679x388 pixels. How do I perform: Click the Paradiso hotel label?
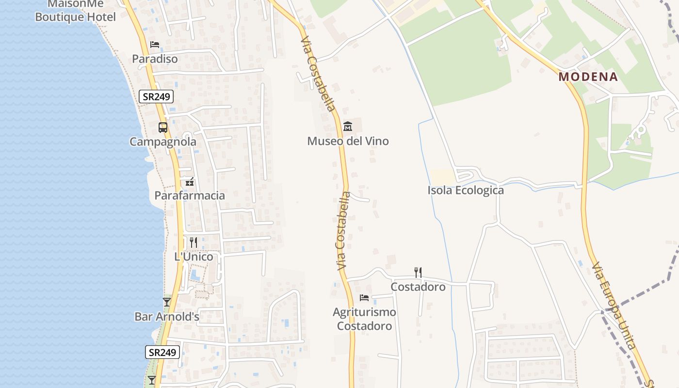pyautogui.click(x=155, y=59)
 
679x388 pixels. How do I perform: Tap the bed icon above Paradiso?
pyautogui.click(x=155, y=45)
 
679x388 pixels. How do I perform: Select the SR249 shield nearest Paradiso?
pyautogui.click(x=156, y=97)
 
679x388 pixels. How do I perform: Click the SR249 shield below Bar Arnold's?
pyautogui.click(x=162, y=352)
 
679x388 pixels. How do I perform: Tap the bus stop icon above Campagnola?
pyautogui.click(x=163, y=128)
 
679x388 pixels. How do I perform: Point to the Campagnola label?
pyautogui.click(x=163, y=142)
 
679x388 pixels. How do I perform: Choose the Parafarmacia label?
pyautogui.click(x=190, y=195)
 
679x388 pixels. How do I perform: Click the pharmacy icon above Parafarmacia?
pyautogui.click(x=190, y=182)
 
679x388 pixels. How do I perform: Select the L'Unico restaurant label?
pyautogui.click(x=194, y=257)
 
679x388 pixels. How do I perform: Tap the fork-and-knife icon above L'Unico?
pyautogui.click(x=193, y=242)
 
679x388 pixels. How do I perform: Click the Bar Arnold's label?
pyautogui.click(x=167, y=317)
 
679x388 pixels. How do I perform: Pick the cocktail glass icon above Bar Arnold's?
pyautogui.click(x=167, y=302)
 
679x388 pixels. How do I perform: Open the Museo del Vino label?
pyautogui.click(x=348, y=141)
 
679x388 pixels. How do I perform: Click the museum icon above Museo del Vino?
pyautogui.click(x=347, y=127)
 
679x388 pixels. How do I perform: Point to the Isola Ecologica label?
pyautogui.click(x=466, y=190)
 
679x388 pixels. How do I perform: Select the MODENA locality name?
pyautogui.click(x=588, y=77)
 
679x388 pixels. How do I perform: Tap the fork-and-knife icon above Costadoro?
pyautogui.click(x=418, y=272)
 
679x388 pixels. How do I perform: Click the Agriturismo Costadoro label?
pyautogui.click(x=364, y=319)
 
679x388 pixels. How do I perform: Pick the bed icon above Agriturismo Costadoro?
pyautogui.click(x=364, y=297)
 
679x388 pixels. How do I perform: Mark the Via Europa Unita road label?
pyautogui.click(x=613, y=306)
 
